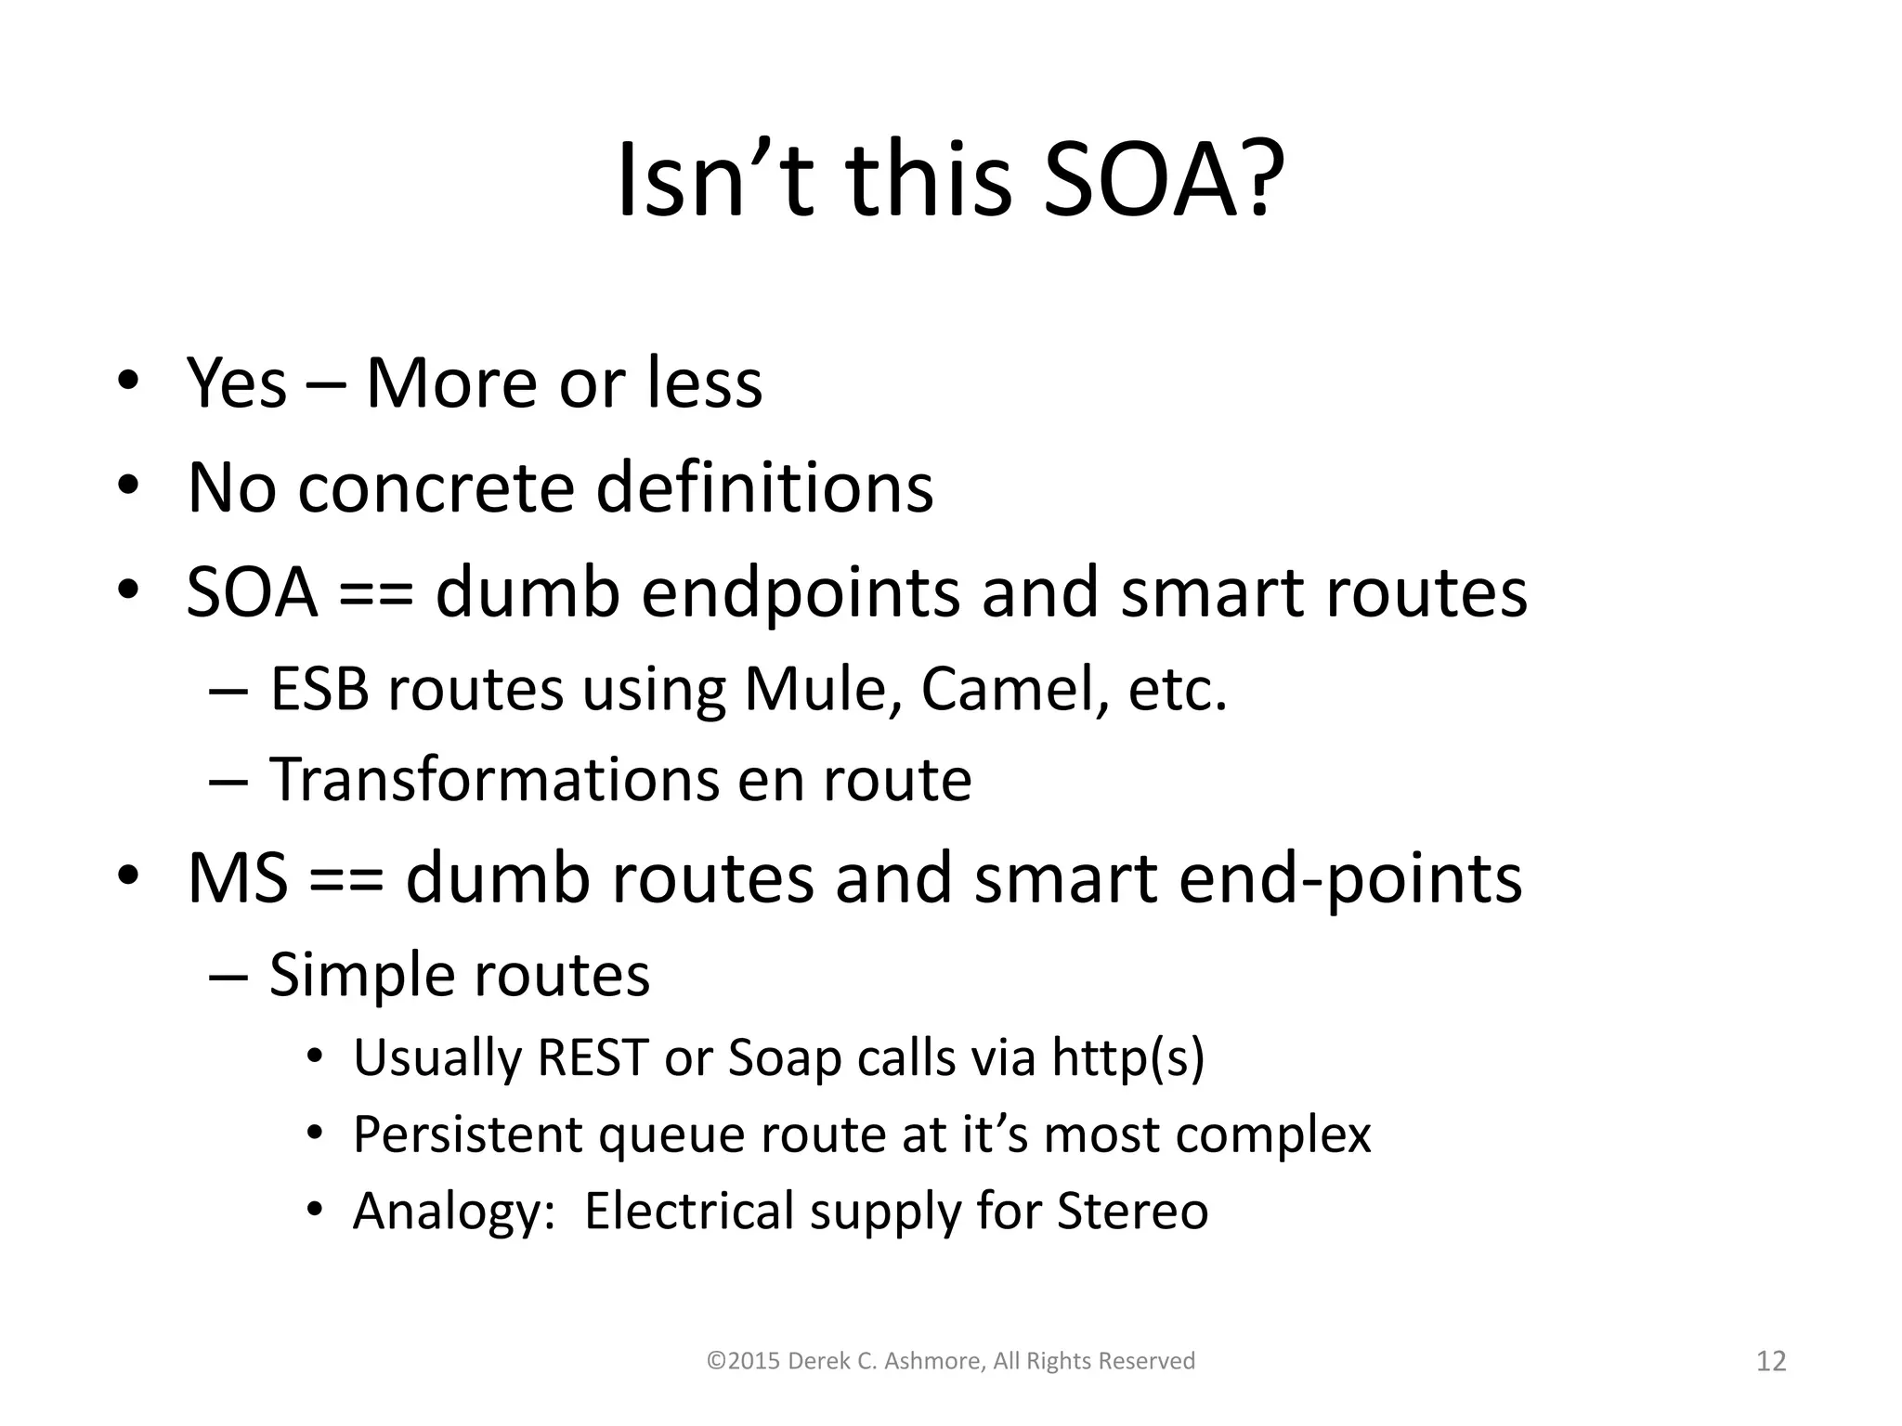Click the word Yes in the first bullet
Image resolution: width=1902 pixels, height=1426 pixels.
pyautogui.click(x=237, y=382)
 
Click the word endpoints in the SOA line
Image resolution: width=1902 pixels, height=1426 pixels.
pyautogui.click(x=800, y=594)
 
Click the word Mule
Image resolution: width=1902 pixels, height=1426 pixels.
pyautogui.click(x=824, y=691)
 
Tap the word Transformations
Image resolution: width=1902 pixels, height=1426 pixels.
pyautogui.click(x=493, y=780)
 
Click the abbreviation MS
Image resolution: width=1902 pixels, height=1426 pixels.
pyautogui.click(x=237, y=878)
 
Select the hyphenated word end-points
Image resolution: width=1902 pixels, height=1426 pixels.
pyautogui.click(x=1350, y=880)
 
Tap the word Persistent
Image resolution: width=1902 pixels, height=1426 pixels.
pyautogui.click(x=468, y=1135)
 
